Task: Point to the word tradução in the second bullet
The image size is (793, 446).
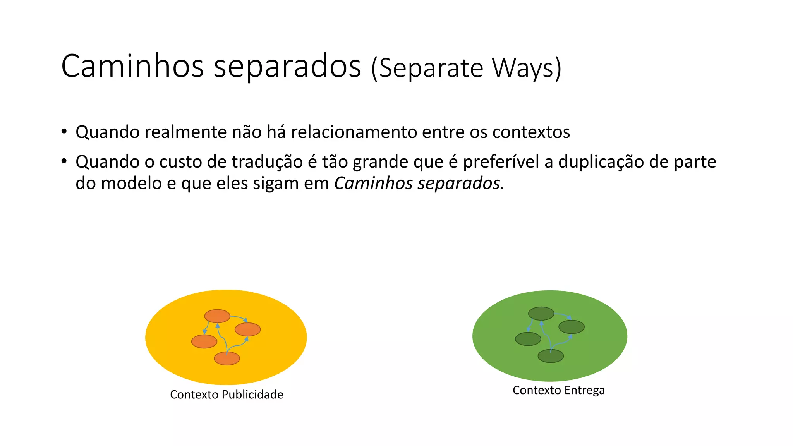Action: click(267, 162)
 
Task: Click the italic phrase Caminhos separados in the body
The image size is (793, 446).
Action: click(419, 183)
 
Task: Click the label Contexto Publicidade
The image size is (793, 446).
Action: click(227, 395)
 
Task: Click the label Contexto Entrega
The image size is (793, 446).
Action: click(558, 390)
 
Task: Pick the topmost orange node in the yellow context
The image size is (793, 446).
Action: click(217, 316)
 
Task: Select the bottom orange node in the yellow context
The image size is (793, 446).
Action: click(227, 359)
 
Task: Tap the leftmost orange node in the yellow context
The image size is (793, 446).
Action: click(204, 341)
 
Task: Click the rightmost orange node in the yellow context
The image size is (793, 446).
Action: click(248, 329)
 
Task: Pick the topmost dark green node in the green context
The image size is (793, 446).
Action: click(541, 314)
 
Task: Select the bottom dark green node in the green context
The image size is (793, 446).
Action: click(551, 356)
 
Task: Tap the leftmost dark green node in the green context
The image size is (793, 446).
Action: click(528, 339)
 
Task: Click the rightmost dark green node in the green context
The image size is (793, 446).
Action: click(572, 327)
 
